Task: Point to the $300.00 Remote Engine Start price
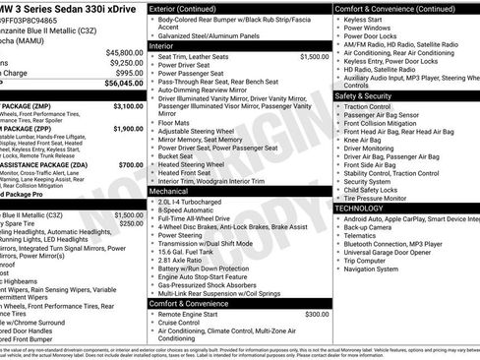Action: [x=317, y=315]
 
